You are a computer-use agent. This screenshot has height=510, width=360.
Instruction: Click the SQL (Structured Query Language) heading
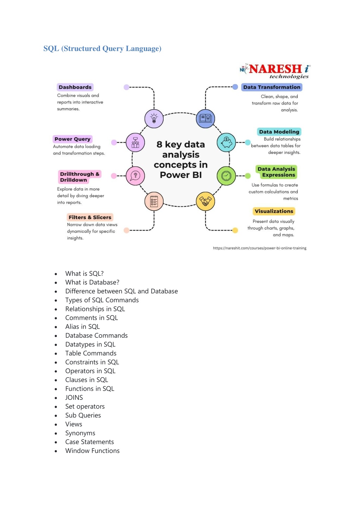tap(102, 49)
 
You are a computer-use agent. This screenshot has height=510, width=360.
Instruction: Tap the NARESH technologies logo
tap(275, 71)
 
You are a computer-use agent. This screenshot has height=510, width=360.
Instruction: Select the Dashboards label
tap(75, 87)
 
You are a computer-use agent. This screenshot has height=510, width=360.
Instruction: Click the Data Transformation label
tap(272, 87)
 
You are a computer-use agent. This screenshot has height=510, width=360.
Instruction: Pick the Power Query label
tap(72, 139)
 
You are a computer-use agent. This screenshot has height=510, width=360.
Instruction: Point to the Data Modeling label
tap(279, 132)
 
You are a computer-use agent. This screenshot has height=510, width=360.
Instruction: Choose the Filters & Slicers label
tap(90, 217)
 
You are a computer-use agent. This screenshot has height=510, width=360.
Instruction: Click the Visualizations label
tap(274, 211)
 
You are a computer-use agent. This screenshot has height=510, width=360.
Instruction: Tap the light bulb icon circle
tap(154, 118)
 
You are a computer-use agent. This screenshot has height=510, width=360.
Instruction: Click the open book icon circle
tap(206, 118)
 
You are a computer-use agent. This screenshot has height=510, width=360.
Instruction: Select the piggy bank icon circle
tap(226, 143)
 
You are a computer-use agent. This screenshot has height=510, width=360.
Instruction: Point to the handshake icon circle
tap(206, 201)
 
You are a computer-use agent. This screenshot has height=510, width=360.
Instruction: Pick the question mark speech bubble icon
tap(135, 176)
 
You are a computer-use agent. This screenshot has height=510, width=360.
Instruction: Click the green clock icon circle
tap(226, 176)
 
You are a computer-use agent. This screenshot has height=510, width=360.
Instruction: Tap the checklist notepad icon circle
tap(154, 201)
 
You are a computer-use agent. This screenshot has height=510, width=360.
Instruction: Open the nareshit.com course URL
tap(259, 248)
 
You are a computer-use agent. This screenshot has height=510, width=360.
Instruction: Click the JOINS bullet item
tap(74, 397)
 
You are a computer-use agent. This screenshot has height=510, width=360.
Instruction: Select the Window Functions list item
tap(92, 450)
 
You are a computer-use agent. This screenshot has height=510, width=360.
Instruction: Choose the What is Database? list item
tap(92, 282)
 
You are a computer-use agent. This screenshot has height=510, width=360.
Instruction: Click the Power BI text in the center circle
tap(181, 175)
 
